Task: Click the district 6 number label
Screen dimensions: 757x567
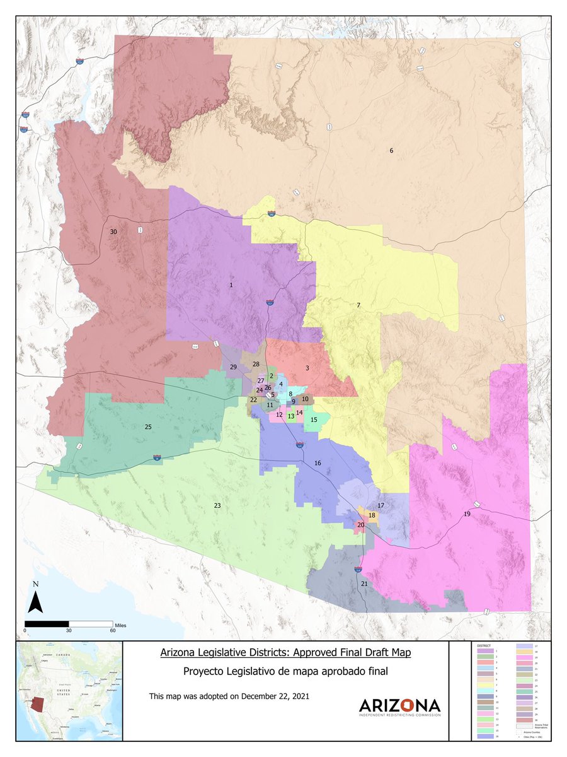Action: (391, 151)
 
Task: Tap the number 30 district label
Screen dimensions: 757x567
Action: (113, 232)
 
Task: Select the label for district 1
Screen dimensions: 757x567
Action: (232, 285)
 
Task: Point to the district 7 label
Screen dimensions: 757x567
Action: (358, 305)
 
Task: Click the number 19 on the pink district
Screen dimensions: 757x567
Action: (467, 514)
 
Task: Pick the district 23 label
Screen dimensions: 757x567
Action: (217, 506)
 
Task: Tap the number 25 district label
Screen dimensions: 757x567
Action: (148, 427)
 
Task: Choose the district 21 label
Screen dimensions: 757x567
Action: (364, 584)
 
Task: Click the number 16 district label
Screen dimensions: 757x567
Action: (318, 463)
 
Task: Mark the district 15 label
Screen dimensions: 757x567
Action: (314, 420)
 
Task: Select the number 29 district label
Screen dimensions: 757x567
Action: (233, 367)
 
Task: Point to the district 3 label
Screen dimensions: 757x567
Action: (307, 368)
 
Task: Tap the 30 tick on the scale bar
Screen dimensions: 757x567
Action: (69, 630)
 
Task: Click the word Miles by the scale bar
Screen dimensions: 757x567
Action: (120, 623)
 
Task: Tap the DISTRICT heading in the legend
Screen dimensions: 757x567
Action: (483, 646)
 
